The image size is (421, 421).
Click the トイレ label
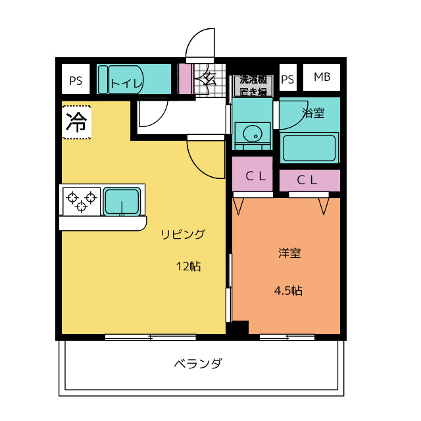(126, 83)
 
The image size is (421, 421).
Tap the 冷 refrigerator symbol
(77, 122)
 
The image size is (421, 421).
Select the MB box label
(322, 78)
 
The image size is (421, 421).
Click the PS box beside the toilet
(76, 81)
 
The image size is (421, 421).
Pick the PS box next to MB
(287, 79)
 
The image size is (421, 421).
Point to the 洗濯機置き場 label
(253, 86)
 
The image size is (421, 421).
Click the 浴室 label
(313, 113)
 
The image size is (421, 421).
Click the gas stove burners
(82, 201)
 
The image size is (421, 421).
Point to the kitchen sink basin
(122, 201)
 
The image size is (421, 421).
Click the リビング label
(184, 234)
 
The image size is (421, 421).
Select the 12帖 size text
(188, 266)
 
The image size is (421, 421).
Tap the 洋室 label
(289, 253)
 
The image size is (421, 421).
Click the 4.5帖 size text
(288, 290)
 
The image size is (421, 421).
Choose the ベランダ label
(198, 364)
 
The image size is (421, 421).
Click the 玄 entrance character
(209, 80)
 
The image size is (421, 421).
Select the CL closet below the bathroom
(309, 180)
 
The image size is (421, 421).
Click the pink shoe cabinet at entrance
(185, 80)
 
